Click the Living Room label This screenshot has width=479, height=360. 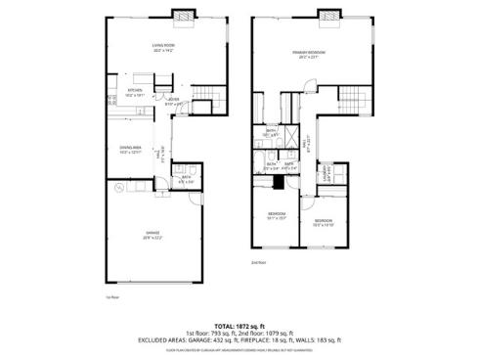click(x=162, y=46)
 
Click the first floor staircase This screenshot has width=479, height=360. click(x=202, y=97)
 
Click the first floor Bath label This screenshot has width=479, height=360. click(x=186, y=179)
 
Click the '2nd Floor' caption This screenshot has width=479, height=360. click(x=258, y=262)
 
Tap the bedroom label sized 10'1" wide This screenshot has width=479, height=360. click(x=277, y=215)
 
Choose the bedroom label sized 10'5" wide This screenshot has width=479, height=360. click(x=324, y=222)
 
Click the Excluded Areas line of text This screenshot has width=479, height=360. click(x=239, y=337)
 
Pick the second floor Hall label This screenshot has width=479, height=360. click(x=305, y=142)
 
